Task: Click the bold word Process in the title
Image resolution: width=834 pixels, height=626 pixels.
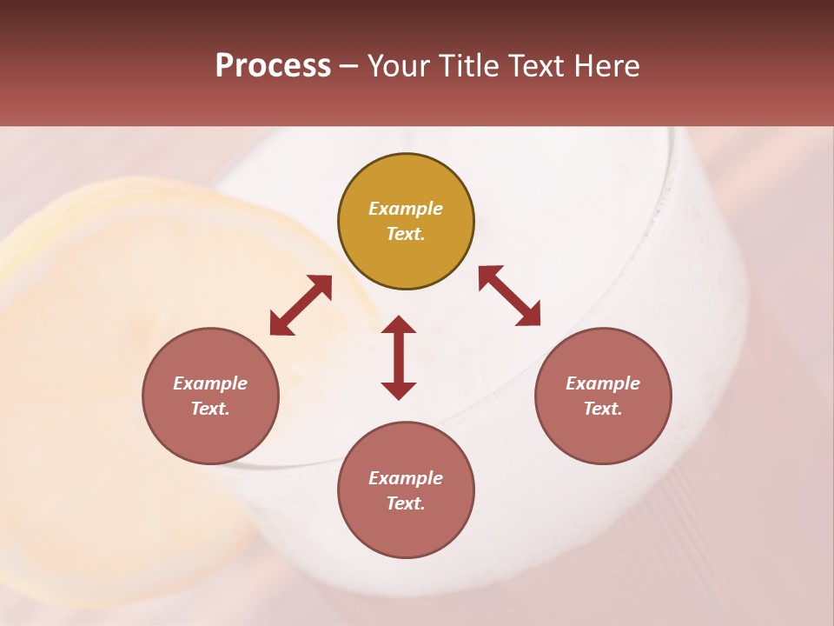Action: tap(273, 66)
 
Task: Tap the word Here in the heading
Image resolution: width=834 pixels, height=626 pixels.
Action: tap(606, 66)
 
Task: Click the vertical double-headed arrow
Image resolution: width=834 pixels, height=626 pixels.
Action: tap(399, 357)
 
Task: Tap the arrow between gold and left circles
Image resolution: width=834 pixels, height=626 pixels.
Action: tap(301, 305)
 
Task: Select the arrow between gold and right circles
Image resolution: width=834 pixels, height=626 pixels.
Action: tap(509, 296)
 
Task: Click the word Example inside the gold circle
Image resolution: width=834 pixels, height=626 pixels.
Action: tap(406, 209)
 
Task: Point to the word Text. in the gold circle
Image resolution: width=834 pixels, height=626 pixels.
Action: tap(406, 234)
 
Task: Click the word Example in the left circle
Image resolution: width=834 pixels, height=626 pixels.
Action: tap(210, 383)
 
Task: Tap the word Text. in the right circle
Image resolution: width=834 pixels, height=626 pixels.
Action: tap(603, 409)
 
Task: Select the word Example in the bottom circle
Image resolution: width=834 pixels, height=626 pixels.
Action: tap(406, 478)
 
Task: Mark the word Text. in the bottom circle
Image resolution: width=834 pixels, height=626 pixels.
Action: tap(406, 503)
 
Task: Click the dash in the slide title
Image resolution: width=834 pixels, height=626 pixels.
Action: tap(349, 67)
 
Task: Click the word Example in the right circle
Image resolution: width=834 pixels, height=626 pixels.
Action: tap(603, 383)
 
